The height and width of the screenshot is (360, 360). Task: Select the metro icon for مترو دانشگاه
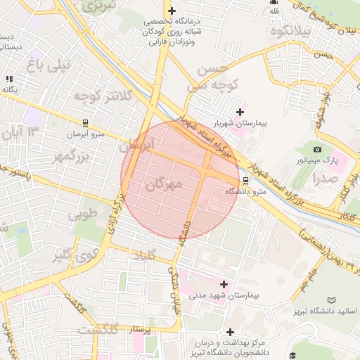[245, 179]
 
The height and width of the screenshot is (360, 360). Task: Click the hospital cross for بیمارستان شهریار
[240, 112]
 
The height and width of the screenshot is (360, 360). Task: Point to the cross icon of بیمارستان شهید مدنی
[224, 284]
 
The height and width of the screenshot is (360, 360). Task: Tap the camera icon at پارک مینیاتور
[317, 149]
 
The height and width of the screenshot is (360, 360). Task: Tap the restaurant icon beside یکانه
[8, 79]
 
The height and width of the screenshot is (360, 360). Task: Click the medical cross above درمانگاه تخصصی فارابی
[172, 11]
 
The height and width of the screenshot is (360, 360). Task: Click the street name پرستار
[138, 328]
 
